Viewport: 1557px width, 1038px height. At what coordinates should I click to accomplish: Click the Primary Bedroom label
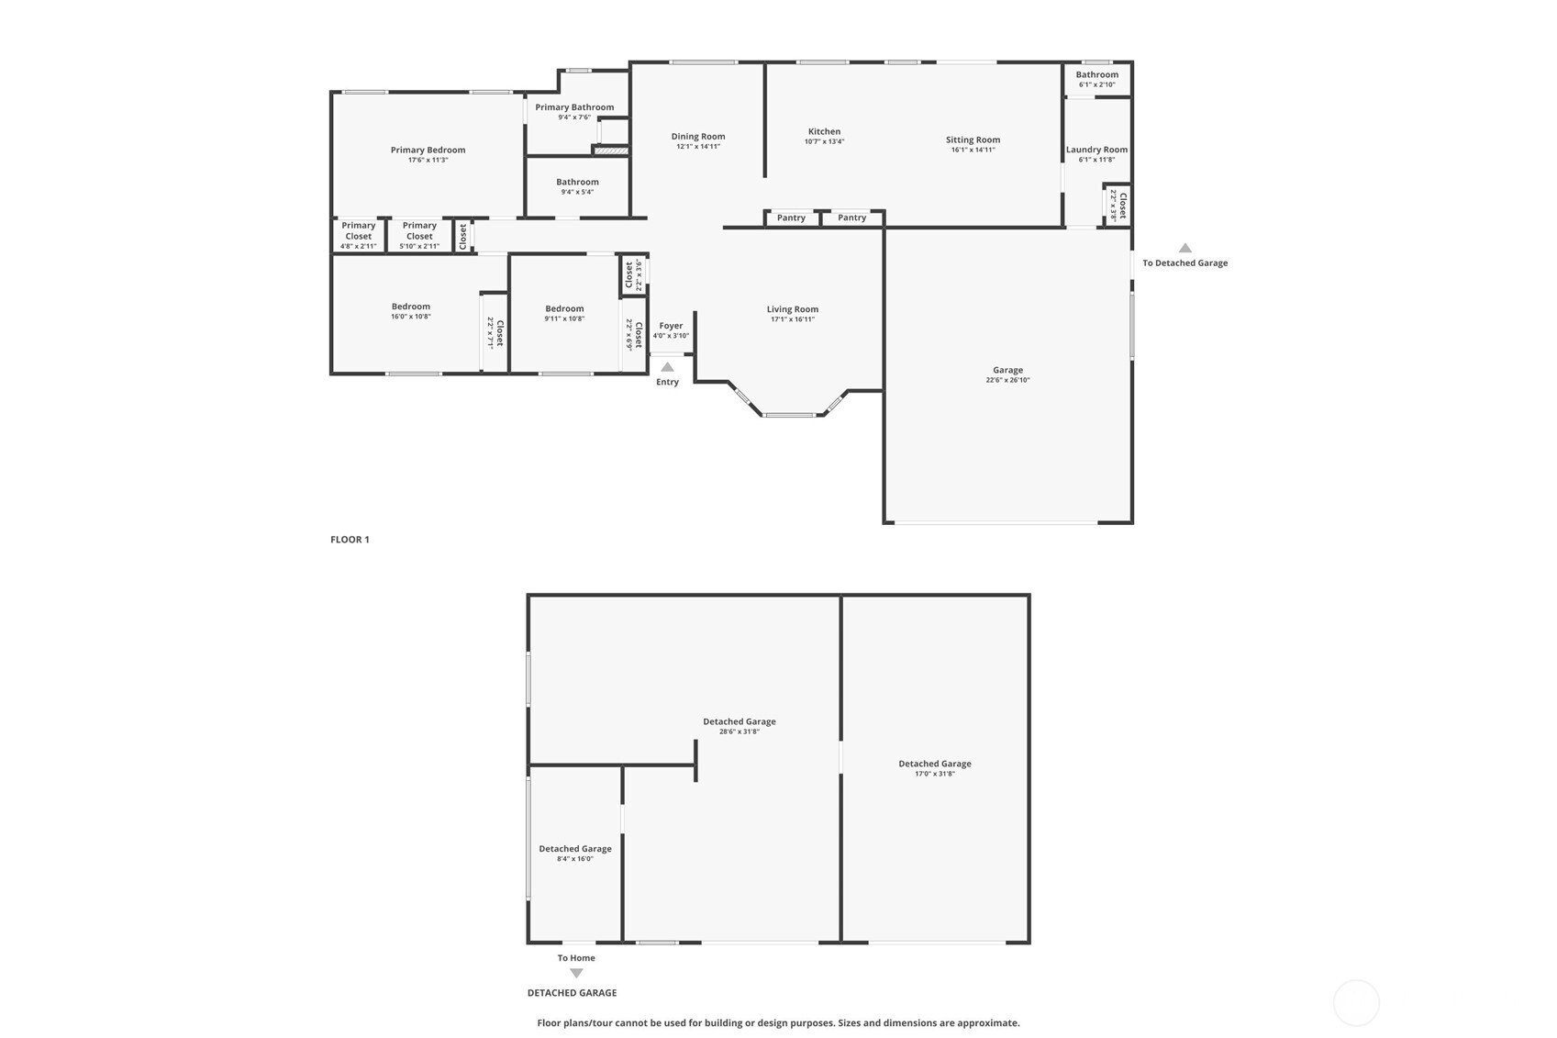[x=428, y=150]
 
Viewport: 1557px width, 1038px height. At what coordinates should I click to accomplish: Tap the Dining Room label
[x=698, y=136]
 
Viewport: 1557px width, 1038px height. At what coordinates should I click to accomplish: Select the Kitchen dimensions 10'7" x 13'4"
[x=825, y=142]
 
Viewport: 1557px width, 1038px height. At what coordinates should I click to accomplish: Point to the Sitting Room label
[x=973, y=140]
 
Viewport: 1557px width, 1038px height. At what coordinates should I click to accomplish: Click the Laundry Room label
[x=1096, y=150]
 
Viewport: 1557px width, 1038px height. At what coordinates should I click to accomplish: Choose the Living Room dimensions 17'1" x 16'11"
[x=793, y=319]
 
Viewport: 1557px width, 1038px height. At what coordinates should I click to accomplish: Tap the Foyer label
[x=671, y=326]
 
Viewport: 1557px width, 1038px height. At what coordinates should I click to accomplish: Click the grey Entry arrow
[x=667, y=367]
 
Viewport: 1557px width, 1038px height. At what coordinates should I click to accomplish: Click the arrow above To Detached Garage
[x=1185, y=248]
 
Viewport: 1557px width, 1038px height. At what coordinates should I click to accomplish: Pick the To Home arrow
[x=576, y=974]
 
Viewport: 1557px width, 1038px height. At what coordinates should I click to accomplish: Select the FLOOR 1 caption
[x=350, y=540]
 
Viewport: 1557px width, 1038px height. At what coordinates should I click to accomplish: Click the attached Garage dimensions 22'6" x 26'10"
[x=1008, y=380]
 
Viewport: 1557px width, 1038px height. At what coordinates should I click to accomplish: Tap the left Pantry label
[x=791, y=218]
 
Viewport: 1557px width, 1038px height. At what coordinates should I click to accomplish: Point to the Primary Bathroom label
[x=574, y=107]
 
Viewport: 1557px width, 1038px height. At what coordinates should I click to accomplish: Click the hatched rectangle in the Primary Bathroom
[x=611, y=151]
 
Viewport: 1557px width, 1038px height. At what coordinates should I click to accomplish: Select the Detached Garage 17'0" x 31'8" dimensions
[x=935, y=774]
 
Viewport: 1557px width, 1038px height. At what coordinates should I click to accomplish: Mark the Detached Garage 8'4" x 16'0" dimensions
[x=575, y=859]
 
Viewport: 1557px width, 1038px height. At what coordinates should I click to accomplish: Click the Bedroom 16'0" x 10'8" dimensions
[x=411, y=317]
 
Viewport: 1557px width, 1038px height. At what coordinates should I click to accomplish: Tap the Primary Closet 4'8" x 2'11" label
[x=358, y=235]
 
